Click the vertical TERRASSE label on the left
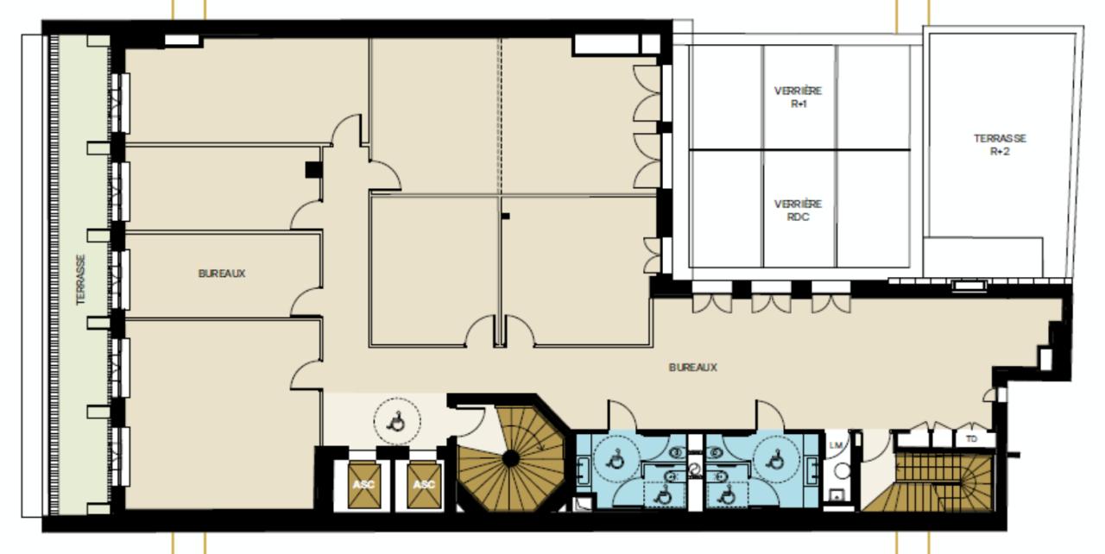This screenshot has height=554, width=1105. [x=81, y=280]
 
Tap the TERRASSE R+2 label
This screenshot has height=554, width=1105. [x=1000, y=145]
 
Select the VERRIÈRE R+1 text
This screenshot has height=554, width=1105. [x=799, y=98]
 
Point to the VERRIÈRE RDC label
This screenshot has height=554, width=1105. [x=799, y=211]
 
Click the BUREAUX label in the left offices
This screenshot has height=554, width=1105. [x=222, y=274]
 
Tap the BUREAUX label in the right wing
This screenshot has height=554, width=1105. [x=693, y=368]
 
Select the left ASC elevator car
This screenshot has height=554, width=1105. [x=364, y=485]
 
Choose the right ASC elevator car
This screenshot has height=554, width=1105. [x=424, y=485]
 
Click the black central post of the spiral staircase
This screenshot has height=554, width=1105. [x=511, y=459]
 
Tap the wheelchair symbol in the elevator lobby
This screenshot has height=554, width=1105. [x=396, y=422]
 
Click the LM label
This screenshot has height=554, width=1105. [x=836, y=445]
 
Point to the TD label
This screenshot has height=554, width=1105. [x=971, y=438]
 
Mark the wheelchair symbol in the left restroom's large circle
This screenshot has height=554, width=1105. [x=616, y=461]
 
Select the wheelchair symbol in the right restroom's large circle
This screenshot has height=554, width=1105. [x=776, y=459]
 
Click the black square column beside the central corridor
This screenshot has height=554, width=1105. [x=313, y=170]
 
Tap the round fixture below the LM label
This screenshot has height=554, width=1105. [x=842, y=471]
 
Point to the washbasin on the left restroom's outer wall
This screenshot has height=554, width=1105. [x=584, y=470]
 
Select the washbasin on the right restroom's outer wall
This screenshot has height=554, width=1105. [x=811, y=469]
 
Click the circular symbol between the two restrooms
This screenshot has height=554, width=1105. [x=696, y=469]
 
